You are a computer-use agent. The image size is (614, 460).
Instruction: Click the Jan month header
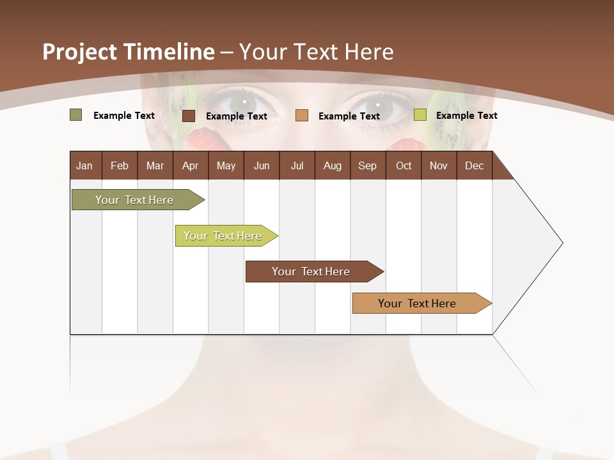coord(84,166)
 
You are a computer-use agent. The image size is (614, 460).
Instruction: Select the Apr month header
coord(190,166)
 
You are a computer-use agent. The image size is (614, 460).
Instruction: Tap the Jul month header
coord(297,166)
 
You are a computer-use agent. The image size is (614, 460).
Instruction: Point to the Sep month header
coord(367,166)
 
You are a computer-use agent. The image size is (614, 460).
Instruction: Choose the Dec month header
coord(474,166)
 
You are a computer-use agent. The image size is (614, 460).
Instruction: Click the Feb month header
coord(120,166)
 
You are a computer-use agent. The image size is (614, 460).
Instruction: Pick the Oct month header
coord(404,166)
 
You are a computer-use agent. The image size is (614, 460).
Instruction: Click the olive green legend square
coord(75,115)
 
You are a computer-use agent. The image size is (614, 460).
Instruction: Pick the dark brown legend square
coord(189,116)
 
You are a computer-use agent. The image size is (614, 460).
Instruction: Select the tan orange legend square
coord(302,115)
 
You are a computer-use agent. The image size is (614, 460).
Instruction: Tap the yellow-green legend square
coord(420,115)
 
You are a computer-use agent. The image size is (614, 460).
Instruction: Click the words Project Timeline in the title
coord(128,52)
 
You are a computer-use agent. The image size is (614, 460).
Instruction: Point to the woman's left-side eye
coord(242,103)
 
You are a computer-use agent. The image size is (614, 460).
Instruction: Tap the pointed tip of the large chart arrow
coord(562,243)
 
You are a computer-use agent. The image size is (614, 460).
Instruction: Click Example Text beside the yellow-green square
coord(466,116)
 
